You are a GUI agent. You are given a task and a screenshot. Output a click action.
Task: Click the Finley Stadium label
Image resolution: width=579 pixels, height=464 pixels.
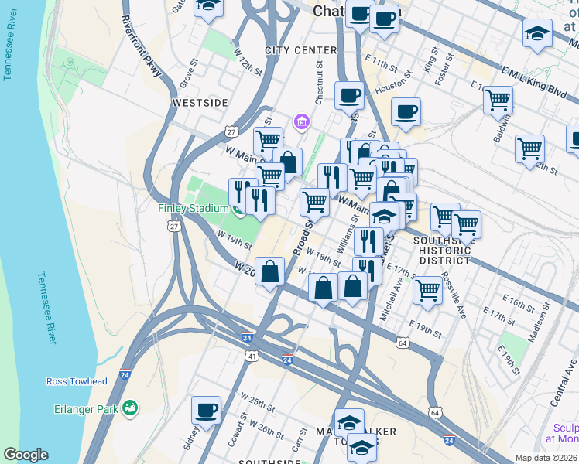click(x=193, y=208)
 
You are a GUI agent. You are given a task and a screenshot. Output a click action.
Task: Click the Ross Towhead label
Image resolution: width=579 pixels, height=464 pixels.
click(x=77, y=382)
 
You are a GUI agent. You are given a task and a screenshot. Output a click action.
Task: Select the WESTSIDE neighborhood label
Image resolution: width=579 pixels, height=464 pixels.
click(x=200, y=102)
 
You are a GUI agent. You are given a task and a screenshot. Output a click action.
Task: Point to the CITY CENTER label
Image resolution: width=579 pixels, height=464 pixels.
click(x=300, y=50)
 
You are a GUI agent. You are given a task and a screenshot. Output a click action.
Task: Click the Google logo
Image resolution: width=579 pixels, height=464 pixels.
click(x=26, y=455)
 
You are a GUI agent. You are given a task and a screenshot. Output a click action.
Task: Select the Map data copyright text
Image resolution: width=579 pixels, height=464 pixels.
click(x=546, y=458)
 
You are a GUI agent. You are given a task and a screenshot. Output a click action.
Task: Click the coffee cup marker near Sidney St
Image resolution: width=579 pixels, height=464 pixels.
click(x=206, y=410)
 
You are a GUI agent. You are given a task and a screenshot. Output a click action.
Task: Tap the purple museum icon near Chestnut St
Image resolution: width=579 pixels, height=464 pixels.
click(x=301, y=122)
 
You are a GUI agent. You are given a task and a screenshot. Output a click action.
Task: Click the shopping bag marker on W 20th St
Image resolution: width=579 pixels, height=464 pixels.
click(x=270, y=271)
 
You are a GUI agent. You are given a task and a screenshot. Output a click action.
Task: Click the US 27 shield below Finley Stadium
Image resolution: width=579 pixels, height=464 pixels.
click(x=173, y=227)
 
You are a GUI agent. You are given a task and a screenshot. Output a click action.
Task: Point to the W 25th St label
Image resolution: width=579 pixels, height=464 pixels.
click(x=258, y=403)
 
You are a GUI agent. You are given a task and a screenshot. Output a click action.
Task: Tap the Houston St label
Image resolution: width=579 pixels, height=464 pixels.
click(x=391, y=89)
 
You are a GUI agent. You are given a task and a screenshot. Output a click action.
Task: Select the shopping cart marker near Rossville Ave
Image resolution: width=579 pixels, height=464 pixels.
click(x=427, y=291)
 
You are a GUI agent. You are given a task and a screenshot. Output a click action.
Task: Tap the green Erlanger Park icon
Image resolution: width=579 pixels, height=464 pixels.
click(x=130, y=407)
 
